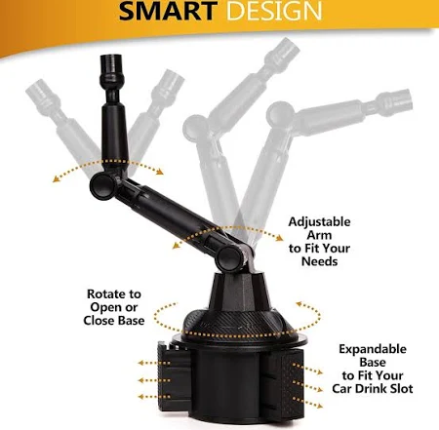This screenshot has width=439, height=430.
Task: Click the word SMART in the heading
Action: (x=168, y=11)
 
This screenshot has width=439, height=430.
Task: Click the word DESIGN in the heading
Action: (x=274, y=11)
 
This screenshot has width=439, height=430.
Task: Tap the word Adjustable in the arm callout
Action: (x=319, y=222)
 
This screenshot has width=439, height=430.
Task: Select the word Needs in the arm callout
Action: (x=319, y=261)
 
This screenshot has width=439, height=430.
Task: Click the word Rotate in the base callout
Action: (x=103, y=294)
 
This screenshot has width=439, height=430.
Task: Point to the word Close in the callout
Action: (x=99, y=321)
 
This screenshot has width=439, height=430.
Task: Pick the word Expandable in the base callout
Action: (x=373, y=349)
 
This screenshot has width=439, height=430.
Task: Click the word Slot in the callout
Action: (x=400, y=389)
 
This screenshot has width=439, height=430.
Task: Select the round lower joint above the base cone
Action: (x=230, y=258)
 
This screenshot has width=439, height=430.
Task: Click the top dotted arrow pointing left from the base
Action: (x=154, y=363)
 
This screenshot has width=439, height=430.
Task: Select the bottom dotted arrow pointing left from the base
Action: (x=154, y=397)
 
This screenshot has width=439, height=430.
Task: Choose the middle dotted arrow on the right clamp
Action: (x=307, y=386)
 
